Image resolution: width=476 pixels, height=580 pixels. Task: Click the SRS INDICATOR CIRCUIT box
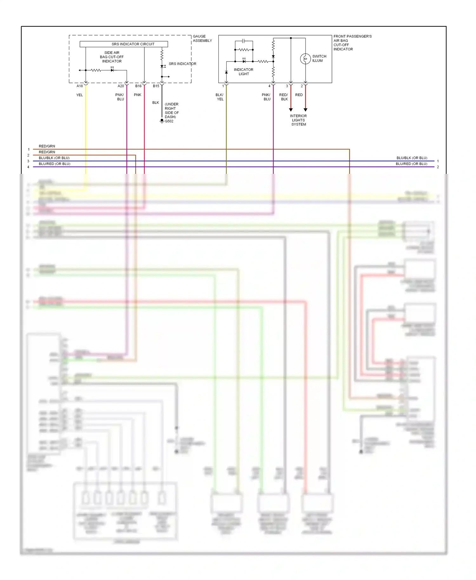tap(124, 44)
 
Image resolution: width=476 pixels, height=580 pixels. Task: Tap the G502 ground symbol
tap(162, 121)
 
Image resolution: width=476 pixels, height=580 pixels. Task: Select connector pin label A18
tap(80, 86)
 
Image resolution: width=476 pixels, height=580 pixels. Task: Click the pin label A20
tap(121, 86)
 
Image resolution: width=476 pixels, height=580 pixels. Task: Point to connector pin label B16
tap(138, 86)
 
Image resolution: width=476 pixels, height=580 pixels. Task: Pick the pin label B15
tap(156, 86)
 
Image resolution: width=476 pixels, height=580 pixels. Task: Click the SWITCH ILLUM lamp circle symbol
tap(305, 59)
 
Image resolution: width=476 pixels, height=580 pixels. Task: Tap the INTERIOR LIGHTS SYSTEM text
tap(298, 120)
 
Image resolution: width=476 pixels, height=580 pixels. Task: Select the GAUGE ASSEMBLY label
tap(202, 38)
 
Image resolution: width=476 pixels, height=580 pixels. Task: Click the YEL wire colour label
tap(79, 95)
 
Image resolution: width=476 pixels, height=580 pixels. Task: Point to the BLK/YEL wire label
tap(220, 97)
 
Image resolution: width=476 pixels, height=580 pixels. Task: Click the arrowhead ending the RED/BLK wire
tap(291, 110)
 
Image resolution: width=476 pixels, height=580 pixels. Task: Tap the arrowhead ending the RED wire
tap(305, 110)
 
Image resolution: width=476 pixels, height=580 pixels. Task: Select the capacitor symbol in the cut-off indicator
tap(243, 41)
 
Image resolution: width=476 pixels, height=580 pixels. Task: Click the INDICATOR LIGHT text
tap(243, 72)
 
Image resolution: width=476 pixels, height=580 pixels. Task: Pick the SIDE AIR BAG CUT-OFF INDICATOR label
tap(112, 57)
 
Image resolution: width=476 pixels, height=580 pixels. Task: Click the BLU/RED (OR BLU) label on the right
tap(411, 164)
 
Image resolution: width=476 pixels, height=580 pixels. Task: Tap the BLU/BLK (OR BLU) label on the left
tap(54, 158)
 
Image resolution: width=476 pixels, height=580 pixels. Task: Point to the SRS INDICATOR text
tap(182, 64)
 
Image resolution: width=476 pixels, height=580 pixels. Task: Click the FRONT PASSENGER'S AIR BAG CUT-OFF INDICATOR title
tap(352, 43)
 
